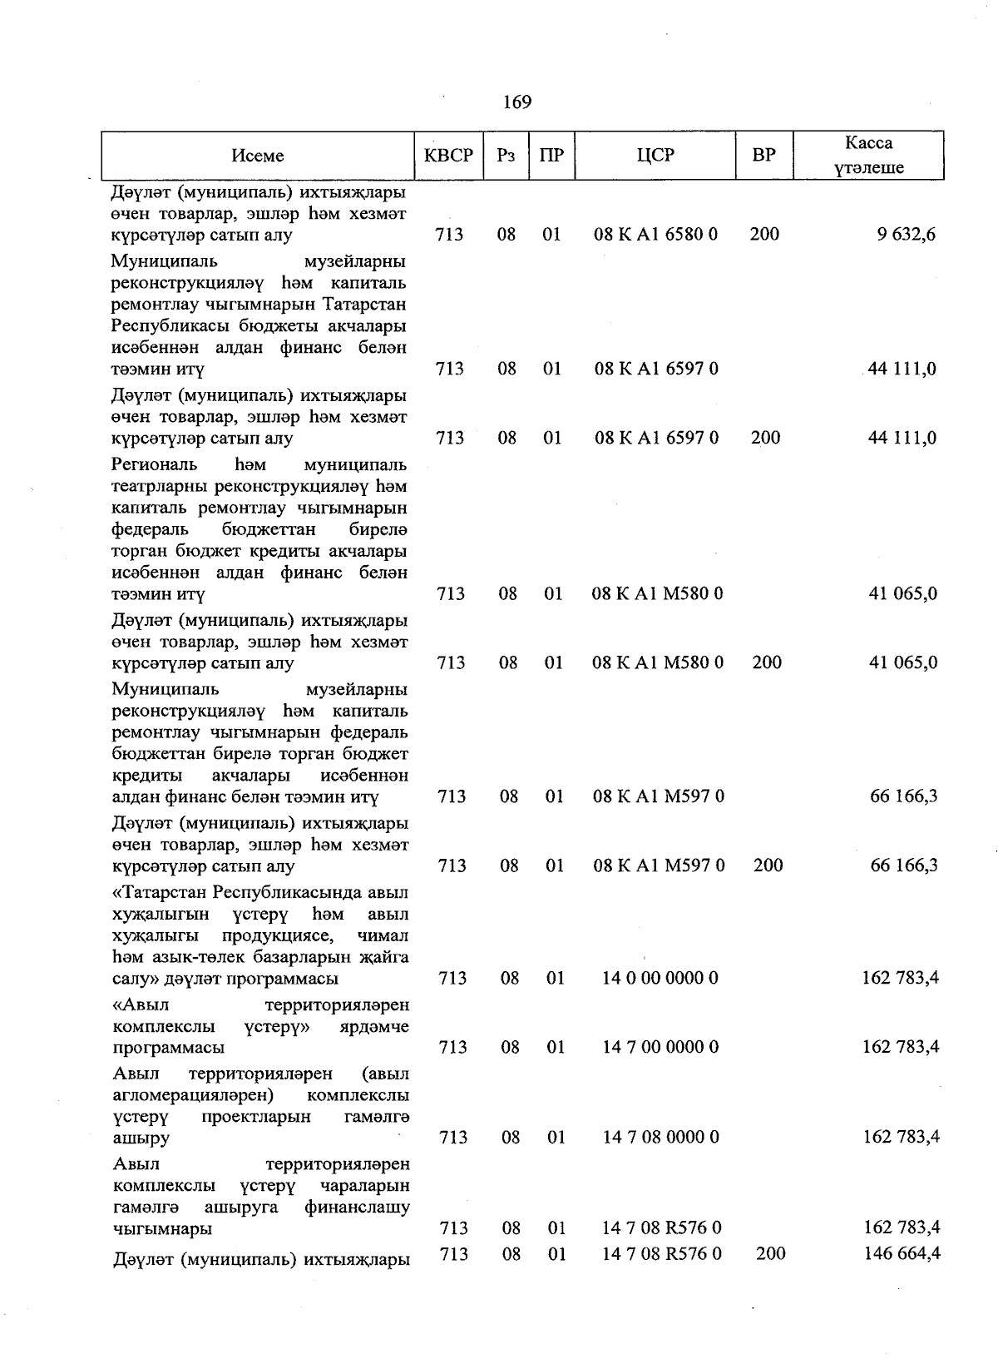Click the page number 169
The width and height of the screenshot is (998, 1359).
[516, 102]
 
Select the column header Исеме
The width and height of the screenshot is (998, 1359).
[258, 156]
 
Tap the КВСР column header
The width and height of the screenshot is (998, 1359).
[448, 156]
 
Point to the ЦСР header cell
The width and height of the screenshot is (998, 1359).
[655, 156]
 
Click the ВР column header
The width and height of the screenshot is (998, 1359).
[763, 156]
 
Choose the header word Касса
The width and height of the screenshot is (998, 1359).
[868, 143]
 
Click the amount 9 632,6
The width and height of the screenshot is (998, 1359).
[906, 235]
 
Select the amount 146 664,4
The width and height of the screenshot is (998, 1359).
[902, 1253]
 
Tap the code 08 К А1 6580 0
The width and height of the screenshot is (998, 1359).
[655, 235]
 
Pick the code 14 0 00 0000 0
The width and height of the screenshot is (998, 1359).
[660, 978]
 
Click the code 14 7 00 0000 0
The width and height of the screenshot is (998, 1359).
[660, 1047]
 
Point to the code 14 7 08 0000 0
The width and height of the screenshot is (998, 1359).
[660, 1137]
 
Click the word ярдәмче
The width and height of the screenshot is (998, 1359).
[375, 1026]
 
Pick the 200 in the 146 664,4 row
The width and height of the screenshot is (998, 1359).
[771, 1253]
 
